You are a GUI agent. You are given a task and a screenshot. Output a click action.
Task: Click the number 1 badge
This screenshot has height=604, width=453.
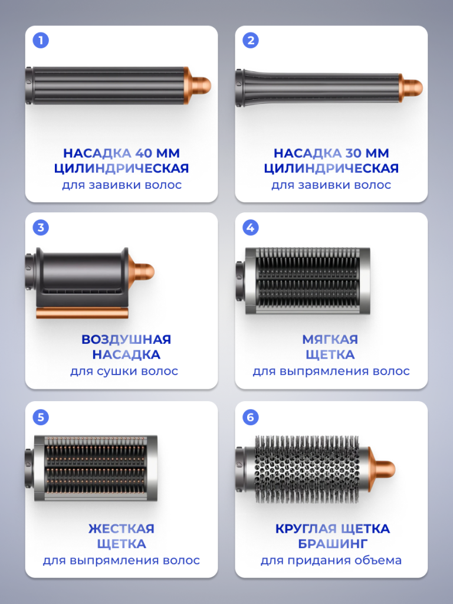[41, 40]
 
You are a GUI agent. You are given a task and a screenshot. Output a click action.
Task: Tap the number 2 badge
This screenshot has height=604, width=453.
[251, 40]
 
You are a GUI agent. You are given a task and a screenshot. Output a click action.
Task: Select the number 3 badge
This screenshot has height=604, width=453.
[41, 227]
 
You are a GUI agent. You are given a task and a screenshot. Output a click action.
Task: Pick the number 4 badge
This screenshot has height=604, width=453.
[251, 227]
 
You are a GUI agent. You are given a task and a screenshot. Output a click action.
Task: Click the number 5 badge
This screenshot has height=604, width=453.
[41, 417]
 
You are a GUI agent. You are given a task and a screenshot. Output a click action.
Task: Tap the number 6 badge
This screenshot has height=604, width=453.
[251, 417]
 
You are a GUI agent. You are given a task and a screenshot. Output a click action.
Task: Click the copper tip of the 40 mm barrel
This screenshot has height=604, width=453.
[198, 85]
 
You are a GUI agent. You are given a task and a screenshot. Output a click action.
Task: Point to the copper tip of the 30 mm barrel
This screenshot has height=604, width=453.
[411, 88]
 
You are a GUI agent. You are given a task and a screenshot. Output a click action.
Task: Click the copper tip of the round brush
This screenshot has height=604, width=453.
[382, 469]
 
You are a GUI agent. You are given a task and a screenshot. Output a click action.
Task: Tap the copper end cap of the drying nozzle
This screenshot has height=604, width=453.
[141, 271]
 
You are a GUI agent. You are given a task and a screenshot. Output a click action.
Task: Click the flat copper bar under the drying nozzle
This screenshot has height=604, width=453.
[82, 313]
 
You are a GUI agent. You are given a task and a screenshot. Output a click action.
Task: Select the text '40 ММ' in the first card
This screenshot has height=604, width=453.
[157, 153]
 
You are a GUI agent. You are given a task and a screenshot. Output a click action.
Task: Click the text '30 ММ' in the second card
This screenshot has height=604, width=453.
[367, 153]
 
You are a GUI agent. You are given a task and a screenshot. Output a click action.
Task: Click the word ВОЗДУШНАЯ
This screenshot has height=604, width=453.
[126, 339]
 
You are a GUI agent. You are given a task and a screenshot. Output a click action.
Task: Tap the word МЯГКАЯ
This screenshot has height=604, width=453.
[330, 339]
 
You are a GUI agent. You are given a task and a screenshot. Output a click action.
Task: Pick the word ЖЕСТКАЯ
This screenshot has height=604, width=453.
[122, 528]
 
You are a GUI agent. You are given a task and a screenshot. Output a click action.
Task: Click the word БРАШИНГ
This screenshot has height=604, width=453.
[333, 543]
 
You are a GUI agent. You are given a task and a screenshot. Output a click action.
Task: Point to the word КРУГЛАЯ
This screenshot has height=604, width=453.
[303, 528]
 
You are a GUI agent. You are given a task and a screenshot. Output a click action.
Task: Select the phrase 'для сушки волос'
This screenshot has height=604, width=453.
[124, 372]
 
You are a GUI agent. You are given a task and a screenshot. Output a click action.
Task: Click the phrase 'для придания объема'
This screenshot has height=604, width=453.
[331, 560]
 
